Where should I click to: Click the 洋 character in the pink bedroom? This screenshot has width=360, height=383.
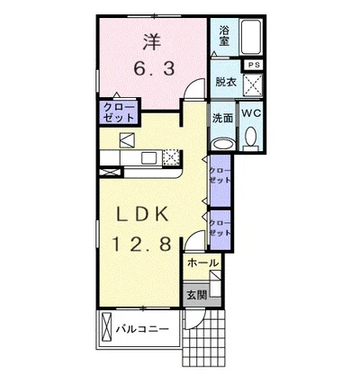coord(149,40)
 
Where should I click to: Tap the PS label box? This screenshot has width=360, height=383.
coord(255,64)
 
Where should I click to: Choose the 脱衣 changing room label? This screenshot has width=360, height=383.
coord(225,83)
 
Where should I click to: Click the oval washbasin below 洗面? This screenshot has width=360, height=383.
coord(221,143)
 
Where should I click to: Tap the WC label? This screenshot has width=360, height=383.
coord(251,113)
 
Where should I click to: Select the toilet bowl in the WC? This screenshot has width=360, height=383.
coord(251,138)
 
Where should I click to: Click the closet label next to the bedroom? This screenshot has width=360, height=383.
coord(120,113)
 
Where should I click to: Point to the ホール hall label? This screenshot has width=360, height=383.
coord(202,263)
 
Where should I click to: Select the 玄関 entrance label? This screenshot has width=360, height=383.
coord(197,293)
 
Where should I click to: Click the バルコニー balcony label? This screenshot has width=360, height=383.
coord(142,329)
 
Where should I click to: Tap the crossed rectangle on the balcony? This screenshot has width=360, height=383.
coord(108,328)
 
